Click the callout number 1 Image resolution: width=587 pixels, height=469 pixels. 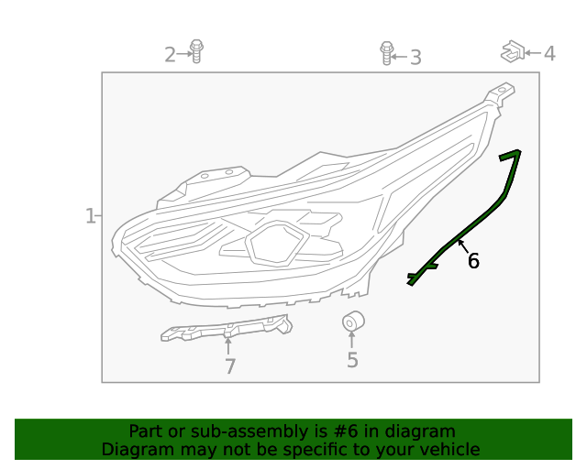[90, 216]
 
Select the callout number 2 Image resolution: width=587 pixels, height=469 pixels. [170, 55]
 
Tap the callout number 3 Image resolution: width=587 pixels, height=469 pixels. [415, 58]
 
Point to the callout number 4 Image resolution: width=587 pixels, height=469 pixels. [549, 54]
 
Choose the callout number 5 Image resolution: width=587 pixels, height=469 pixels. [352, 361]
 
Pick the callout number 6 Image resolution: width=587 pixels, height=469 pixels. [473, 261]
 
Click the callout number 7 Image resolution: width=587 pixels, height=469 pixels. [229, 366]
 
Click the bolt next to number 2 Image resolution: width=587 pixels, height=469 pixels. [195, 51]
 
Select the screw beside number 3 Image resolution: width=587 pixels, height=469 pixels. [386, 53]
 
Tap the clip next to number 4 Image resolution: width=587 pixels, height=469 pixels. [512, 51]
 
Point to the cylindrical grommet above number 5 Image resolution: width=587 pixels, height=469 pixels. [353, 322]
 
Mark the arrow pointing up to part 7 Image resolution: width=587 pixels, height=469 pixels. [227, 345]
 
